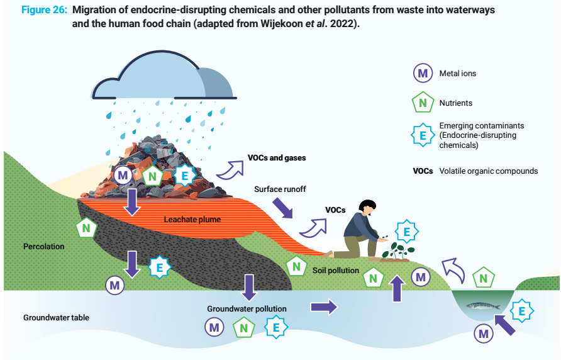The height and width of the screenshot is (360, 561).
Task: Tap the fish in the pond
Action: pyautogui.click(x=484, y=307)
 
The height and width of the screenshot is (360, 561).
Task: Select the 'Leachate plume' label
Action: pyautogui.click(x=192, y=220)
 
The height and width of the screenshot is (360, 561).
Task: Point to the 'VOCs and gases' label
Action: pyautogui.click(x=277, y=158)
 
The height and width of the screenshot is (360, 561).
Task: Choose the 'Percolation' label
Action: pyautogui.click(x=44, y=246)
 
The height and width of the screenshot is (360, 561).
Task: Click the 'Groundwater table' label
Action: pyautogui.click(x=56, y=317)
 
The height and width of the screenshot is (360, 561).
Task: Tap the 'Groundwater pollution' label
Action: pyautogui.click(x=247, y=309)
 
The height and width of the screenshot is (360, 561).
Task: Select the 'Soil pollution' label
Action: pyautogui.click(x=335, y=271)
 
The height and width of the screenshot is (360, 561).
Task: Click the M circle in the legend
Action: pyautogui.click(x=423, y=73)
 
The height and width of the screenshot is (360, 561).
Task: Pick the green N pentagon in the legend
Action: pyautogui.click(x=423, y=103)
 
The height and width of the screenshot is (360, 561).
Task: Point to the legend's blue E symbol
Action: pyautogui.click(x=423, y=135)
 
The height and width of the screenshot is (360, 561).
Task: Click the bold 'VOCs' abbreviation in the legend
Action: pyautogui.click(x=423, y=171)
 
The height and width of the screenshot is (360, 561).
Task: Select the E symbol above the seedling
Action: pyautogui.click(x=406, y=232)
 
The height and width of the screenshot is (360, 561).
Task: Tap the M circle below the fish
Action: pyautogui.click(x=483, y=334)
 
